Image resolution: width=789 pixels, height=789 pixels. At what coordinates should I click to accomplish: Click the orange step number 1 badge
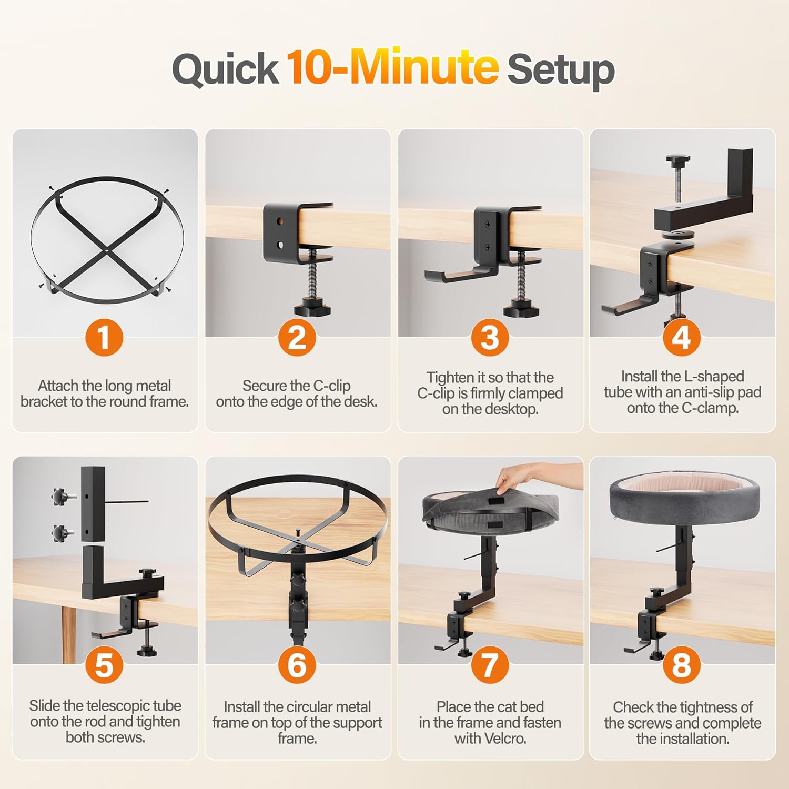pyautogui.click(x=104, y=337)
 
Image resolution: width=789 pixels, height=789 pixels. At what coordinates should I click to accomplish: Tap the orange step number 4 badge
pyautogui.click(x=682, y=337)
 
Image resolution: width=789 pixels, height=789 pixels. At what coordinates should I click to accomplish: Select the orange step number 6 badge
pyautogui.click(x=297, y=664)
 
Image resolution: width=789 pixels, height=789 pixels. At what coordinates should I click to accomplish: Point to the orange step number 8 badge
pyautogui.click(x=682, y=664)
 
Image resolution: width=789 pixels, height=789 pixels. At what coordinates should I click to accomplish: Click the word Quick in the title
pyautogui.click(x=226, y=69)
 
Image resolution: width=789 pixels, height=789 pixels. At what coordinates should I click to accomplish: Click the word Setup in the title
pyautogui.click(x=561, y=70)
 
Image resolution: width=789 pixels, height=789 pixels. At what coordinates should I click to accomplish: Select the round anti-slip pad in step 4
pyautogui.click(x=677, y=233)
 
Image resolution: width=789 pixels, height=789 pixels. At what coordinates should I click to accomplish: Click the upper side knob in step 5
pyautogui.click(x=59, y=495)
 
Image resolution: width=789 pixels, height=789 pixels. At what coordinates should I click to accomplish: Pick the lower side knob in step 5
pyautogui.click(x=59, y=532)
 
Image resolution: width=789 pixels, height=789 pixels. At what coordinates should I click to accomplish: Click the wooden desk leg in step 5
pyautogui.click(x=68, y=634)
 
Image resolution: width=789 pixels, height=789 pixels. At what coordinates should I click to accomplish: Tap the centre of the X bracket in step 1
pyautogui.click(x=107, y=251)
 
